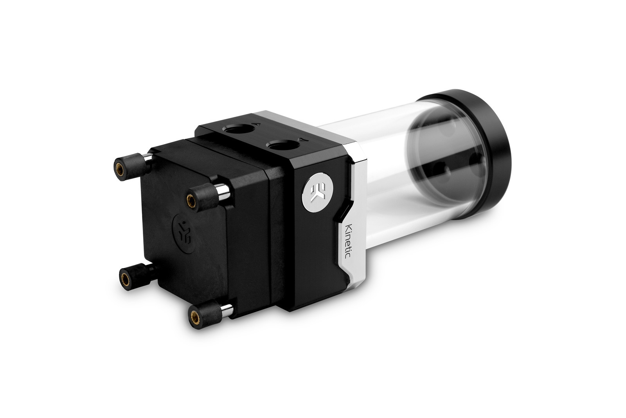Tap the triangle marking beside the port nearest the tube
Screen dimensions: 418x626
pyautogui.click(x=301, y=139)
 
